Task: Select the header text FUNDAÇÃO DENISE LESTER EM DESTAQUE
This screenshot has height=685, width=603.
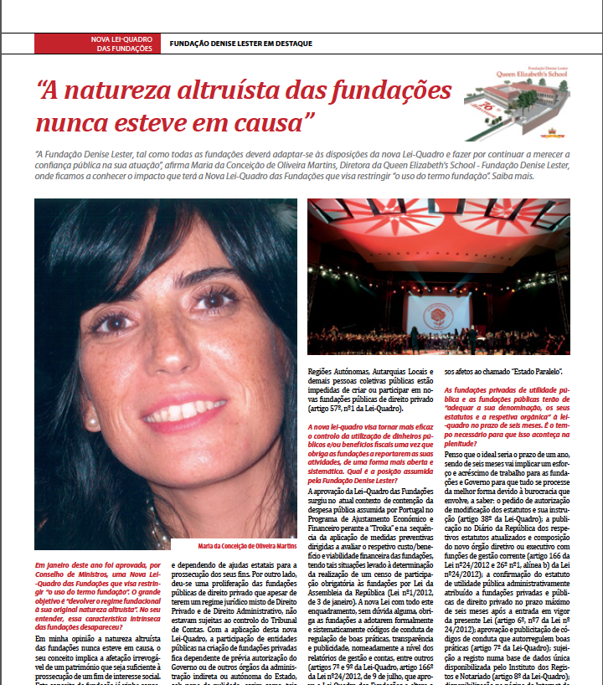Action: click(240, 44)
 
